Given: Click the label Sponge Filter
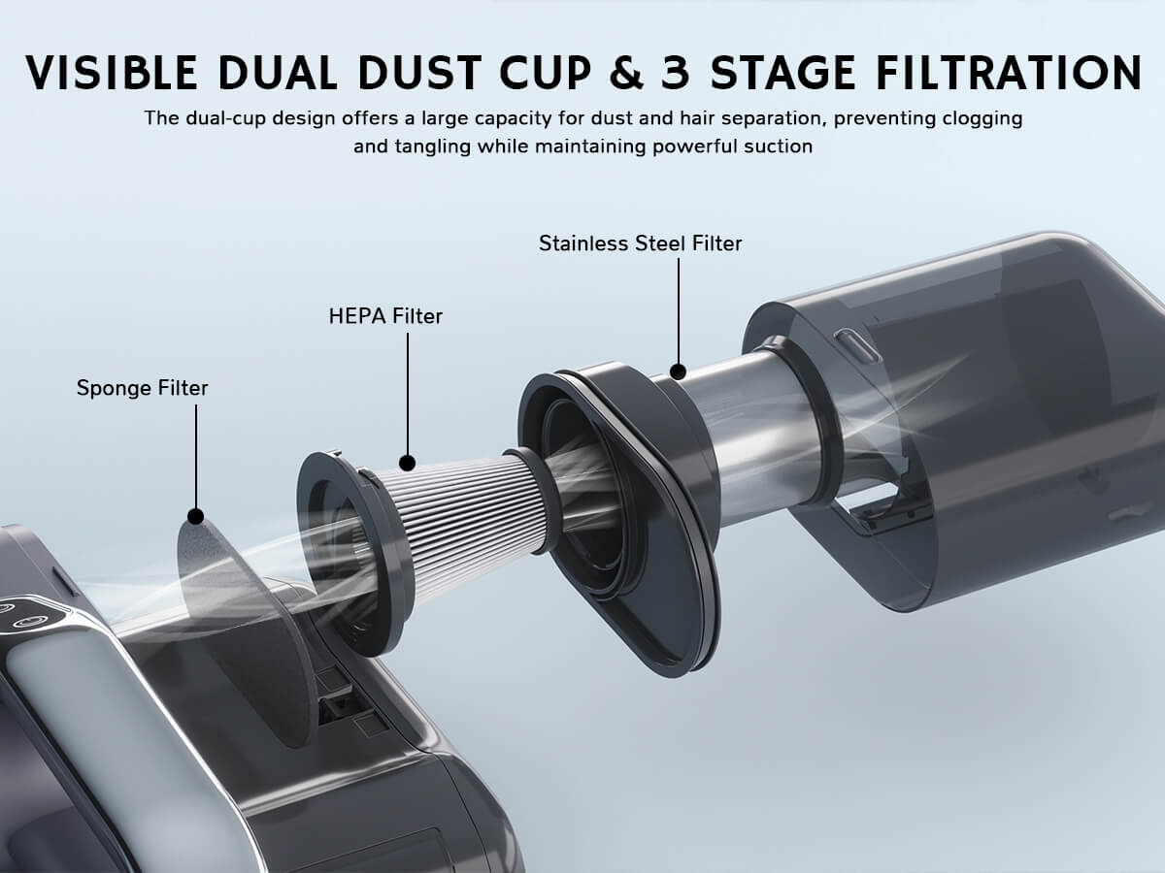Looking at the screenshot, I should point(142,389).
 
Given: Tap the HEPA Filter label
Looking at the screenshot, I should point(385,316).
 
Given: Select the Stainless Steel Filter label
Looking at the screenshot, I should point(640,243).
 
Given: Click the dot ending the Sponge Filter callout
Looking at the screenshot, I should point(195,516).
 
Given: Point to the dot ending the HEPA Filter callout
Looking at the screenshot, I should point(408,463).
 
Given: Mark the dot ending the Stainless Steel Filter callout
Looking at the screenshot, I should point(678,371).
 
